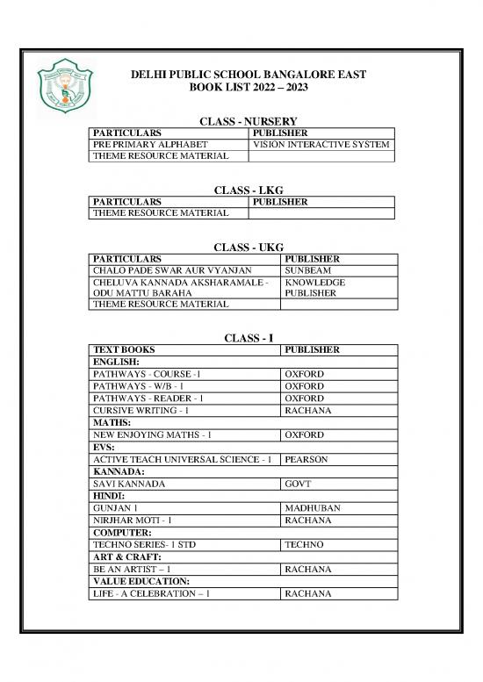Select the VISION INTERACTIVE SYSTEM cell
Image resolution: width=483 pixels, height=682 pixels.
(321, 145)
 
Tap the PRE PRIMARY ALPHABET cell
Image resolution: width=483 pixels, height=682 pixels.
(150, 145)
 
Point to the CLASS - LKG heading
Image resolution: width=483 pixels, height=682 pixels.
(245, 190)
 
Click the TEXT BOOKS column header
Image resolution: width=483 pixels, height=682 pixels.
(123, 349)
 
